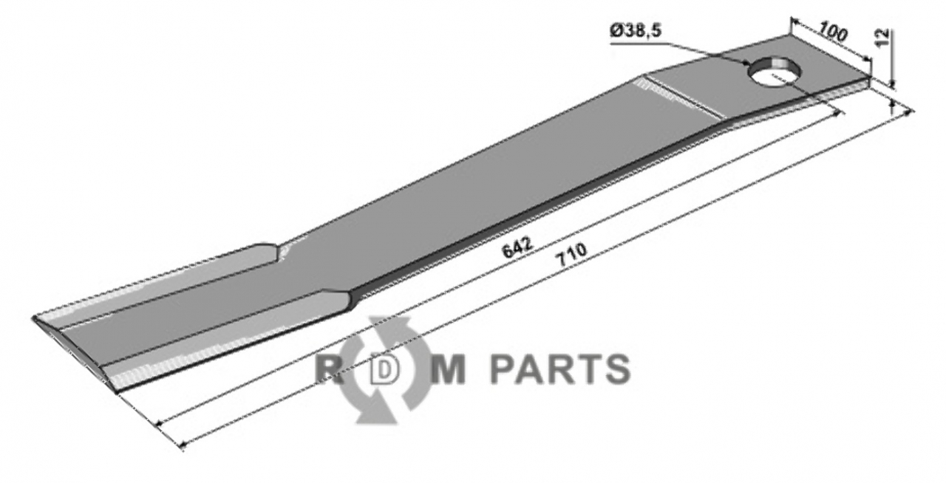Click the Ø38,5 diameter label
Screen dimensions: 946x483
[636, 31]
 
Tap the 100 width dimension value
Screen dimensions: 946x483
[832, 32]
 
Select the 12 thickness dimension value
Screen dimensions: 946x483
[883, 38]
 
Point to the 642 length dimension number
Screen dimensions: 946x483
[517, 247]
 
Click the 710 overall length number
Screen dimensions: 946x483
[573, 254]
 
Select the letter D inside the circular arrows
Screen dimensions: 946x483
[384, 370]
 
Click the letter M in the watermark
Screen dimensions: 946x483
[451, 369]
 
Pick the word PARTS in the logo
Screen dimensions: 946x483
[560, 369]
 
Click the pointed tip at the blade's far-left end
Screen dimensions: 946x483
[33, 318]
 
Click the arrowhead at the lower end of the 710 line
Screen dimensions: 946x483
[182, 445]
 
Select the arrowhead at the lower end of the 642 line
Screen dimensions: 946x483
[159, 422]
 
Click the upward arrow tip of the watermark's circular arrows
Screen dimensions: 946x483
[377, 320]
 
